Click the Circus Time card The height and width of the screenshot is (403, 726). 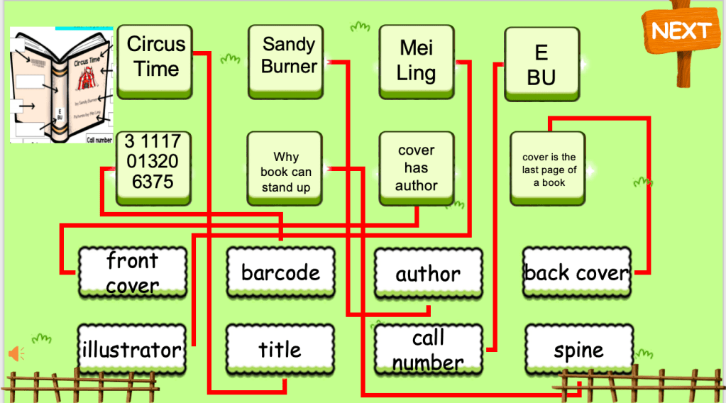[x=156, y=57]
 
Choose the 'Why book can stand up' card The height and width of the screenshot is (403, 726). [x=285, y=171]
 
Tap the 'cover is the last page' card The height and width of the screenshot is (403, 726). [x=548, y=170]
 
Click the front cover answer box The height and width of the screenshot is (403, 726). [x=133, y=272]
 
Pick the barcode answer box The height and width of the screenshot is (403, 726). [x=280, y=272]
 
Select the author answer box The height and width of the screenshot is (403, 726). [x=428, y=274]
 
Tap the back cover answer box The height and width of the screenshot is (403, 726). [x=576, y=273]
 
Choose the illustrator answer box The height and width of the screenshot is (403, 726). [x=132, y=350]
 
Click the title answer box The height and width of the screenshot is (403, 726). [x=280, y=349]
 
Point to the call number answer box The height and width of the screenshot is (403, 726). [x=428, y=350]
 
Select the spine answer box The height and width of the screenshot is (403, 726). [x=578, y=350]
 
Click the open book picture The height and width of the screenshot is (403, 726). [x=61, y=85]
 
